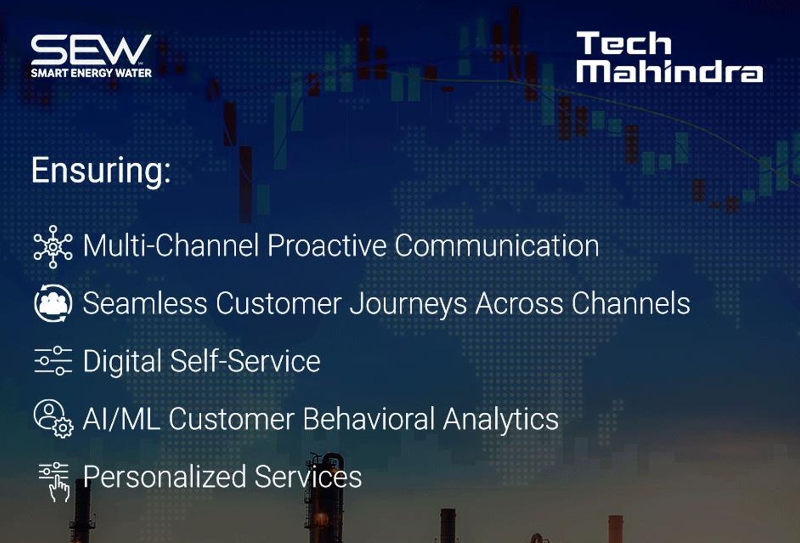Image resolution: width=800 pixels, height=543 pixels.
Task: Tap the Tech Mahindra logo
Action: coord(670,57)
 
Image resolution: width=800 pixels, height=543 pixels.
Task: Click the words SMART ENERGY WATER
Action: coord(91,73)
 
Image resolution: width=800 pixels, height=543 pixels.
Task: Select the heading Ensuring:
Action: coord(101,171)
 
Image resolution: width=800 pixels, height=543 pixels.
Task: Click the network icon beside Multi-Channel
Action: coord(53,246)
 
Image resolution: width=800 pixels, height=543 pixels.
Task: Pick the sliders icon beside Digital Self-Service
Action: coord(53,361)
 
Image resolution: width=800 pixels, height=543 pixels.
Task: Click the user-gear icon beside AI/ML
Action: coord(53,419)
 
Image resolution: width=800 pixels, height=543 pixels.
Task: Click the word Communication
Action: coord(497,246)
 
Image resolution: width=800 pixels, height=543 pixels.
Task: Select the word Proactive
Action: coord(327,246)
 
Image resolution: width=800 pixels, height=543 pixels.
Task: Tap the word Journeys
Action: coord(408,304)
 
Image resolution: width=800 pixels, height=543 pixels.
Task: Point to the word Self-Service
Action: coord(245,361)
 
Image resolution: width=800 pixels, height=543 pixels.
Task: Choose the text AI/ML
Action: coord(121,419)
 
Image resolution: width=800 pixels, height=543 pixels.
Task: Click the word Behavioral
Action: coord(368,419)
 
